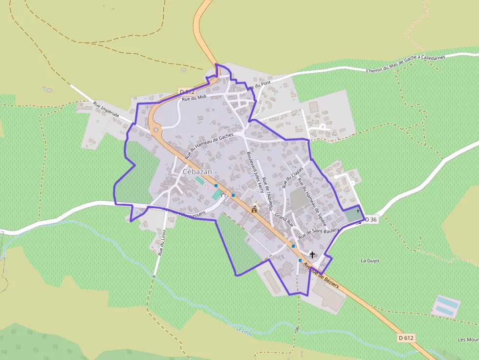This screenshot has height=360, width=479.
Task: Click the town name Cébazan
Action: (198, 172)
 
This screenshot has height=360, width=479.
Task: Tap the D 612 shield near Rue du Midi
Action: (187, 91)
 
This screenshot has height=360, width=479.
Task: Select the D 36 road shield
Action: (371, 220)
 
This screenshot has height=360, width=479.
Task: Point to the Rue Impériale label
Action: (106, 110)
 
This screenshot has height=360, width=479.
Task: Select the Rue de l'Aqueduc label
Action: (266, 186)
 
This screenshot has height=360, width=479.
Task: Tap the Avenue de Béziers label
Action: (321, 276)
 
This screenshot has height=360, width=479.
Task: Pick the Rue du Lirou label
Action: (162, 243)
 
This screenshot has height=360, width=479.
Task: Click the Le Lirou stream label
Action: (244, 331)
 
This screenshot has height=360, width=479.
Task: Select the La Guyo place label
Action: (370, 261)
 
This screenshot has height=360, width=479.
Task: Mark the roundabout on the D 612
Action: (156, 129)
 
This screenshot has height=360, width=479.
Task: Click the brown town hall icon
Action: (254, 210)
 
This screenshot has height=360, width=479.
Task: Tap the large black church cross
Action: (312, 255)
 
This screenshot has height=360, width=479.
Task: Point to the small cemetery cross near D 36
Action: (358, 212)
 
